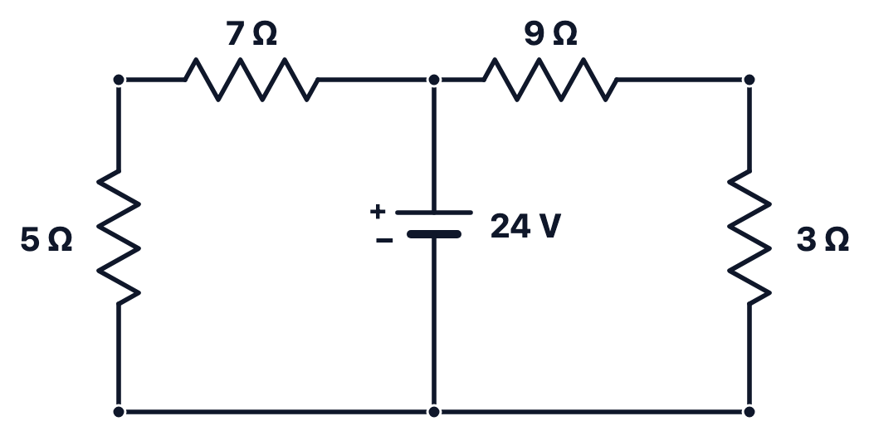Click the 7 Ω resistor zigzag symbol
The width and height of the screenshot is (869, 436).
(x=251, y=80)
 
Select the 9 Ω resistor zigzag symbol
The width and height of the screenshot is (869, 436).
(x=550, y=80)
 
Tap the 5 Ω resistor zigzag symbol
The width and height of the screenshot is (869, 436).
(x=119, y=238)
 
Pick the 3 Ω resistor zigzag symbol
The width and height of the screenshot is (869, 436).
(x=749, y=238)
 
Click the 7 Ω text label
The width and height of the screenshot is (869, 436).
(x=251, y=34)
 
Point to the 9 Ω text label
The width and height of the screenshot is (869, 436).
(x=550, y=34)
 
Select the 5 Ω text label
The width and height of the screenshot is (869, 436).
(x=46, y=240)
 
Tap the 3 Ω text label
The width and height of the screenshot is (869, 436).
(x=823, y=240)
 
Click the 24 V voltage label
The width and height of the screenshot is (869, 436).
(x=526, y=227)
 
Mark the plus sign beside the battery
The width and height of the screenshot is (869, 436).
(x=378, y=211)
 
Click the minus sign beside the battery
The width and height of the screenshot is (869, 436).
(x=384, y=240)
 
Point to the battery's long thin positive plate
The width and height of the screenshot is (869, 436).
(x=434, y=213)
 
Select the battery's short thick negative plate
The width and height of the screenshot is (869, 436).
(x=434, y=234)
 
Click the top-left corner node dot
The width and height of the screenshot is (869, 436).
(x=119, y=80)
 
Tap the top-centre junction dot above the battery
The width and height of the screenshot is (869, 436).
(x=434, y=80)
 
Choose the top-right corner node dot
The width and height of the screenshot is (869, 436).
(x=749, y=80)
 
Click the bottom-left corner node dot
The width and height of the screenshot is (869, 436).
(x=119, y=412)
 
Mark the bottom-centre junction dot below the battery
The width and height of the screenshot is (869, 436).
(x=434, y=412)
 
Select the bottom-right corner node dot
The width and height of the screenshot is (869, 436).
(x=749, y=412)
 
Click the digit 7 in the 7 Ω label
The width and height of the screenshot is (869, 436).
(x=235, y=34)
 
